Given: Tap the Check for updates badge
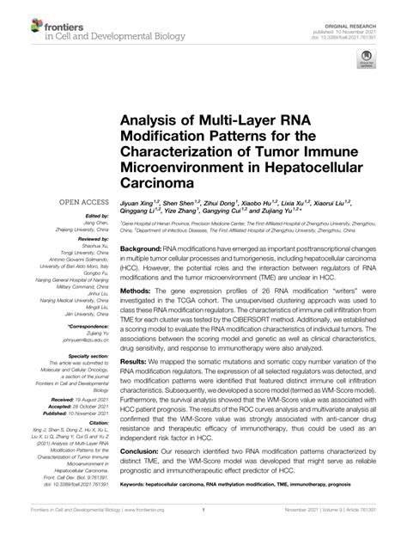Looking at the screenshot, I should pyautogui.click(x=365, y=63).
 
